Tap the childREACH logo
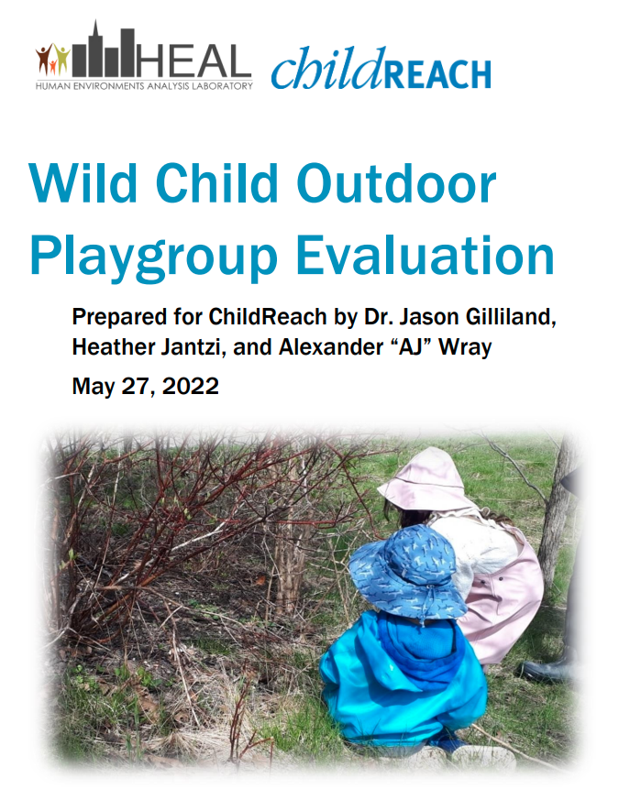[x=381, y=71]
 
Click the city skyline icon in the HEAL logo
[x=105, y=53]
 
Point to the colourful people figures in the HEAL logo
[x=52, y=60]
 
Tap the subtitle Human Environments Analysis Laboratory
[x=143, y=84]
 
